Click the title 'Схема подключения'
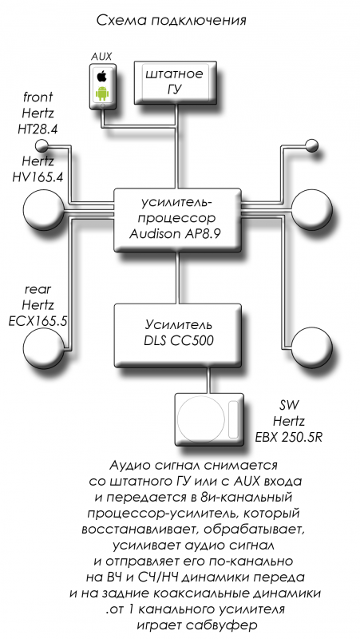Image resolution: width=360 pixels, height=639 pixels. (172, 20)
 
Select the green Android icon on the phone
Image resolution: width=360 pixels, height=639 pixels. (102, 93)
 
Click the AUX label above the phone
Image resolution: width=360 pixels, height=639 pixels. (101, 56)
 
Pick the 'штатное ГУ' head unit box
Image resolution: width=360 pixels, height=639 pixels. (174, 83)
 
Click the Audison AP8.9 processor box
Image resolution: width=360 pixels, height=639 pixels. (177, 219)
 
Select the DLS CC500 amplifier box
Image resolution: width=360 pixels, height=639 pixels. (177, 335)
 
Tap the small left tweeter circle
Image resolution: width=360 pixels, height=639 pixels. (42, 145)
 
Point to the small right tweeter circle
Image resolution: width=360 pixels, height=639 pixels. (311, 145)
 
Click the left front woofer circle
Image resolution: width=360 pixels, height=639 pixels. (43, 210)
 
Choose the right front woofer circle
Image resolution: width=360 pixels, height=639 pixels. (312, 210)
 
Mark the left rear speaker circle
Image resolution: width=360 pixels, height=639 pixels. (43, 347)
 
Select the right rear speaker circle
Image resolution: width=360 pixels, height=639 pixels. (312, 347)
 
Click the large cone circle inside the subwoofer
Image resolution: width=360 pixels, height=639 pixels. (201, 420)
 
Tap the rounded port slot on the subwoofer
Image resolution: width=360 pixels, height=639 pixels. (234, 419)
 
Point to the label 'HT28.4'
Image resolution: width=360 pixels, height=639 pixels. (38, 129)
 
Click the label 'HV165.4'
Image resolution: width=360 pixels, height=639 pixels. (38, 177)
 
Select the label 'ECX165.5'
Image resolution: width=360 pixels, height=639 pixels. (38, 321)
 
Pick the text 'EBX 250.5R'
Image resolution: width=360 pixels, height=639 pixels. (289, 437)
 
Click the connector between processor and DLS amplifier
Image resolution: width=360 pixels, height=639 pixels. (177, 277)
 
